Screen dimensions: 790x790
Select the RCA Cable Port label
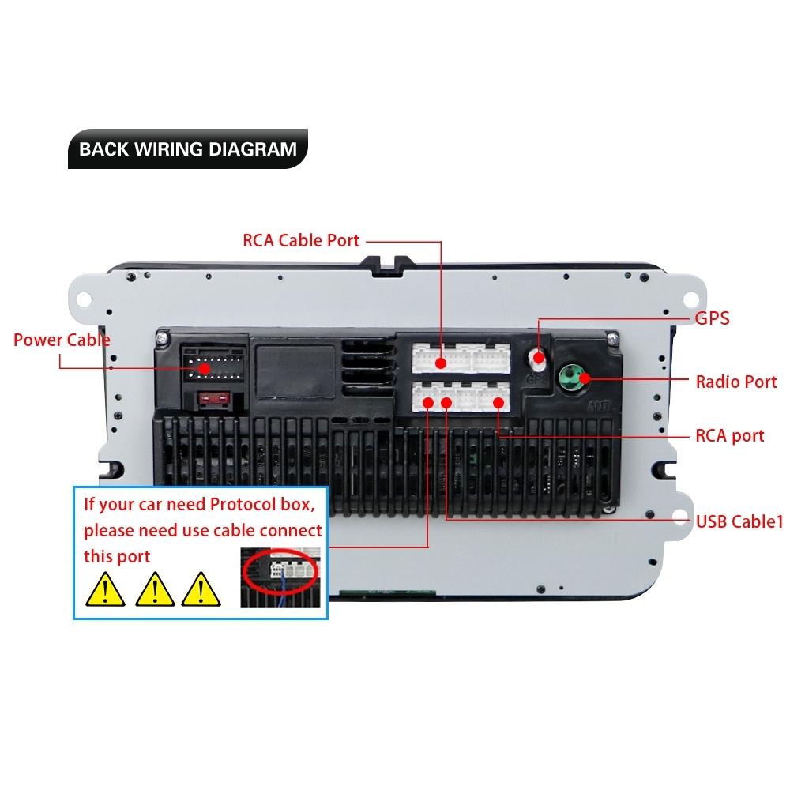tap(300, 240)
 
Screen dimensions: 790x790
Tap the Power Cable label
tap(62, 340)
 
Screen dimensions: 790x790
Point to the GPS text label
tap(712, 319)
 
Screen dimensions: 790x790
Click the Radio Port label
tap(735, 382)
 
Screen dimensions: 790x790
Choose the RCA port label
tap(729, 435)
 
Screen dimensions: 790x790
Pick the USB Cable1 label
tap(739, 521)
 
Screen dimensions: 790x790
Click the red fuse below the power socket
tap(215, 400)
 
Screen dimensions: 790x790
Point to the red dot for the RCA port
tap(498, 403)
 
